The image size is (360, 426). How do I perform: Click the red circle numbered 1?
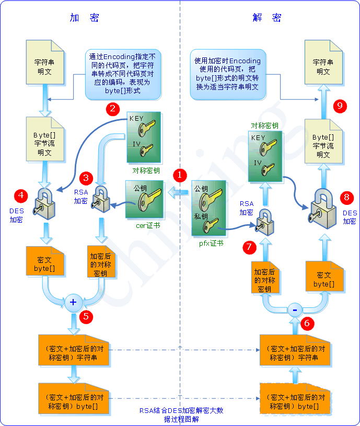[x=180, y=175]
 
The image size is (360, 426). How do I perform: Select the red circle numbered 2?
[x=112, y=109]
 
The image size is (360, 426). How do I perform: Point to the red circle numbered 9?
[x=340, y=106]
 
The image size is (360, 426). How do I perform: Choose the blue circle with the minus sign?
[x=295, y=309]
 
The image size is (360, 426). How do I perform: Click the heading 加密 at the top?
[x=84, y=18]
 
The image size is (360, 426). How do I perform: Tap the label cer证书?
[x=148, y=225]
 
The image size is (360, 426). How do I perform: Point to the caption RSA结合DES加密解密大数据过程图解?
[x=181, y=415]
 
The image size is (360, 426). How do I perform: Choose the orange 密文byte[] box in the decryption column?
[x=324, y=279]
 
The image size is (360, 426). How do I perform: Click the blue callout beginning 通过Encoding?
[x=123, y=74]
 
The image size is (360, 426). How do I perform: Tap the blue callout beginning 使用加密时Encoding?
[x=227, y=74]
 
